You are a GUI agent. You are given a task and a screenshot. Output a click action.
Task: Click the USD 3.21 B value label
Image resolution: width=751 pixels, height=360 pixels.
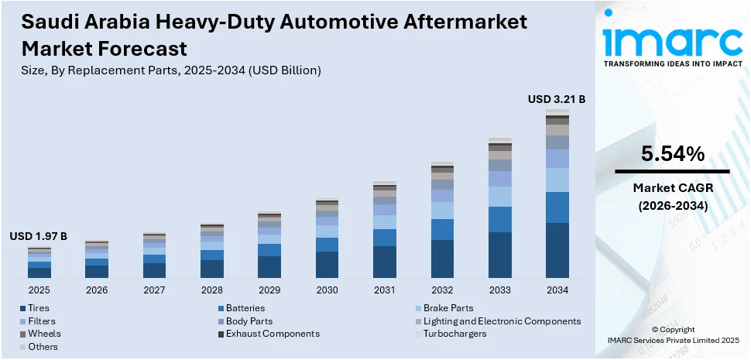(x=557, y=99)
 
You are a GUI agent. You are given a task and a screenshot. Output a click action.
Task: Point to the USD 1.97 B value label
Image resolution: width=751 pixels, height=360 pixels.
(x=39, y=236)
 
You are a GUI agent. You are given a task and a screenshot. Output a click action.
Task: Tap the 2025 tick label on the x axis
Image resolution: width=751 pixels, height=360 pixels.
(x=39, y=290)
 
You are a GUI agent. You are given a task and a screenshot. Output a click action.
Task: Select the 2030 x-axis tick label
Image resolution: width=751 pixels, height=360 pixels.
(x=327, y=290)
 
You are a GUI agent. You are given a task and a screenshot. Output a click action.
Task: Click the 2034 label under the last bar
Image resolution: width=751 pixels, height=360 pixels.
(x=557, y=290)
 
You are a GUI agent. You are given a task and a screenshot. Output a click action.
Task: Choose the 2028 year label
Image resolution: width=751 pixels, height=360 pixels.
(x=212, y=290)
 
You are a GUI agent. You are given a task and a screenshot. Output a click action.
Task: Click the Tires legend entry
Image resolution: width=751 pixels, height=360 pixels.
(x=39, y=308)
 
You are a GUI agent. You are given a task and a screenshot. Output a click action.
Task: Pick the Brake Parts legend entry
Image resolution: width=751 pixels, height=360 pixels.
(x=448, y=308)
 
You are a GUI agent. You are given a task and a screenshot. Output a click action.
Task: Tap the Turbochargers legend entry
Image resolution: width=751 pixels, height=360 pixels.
(x=454, y=334)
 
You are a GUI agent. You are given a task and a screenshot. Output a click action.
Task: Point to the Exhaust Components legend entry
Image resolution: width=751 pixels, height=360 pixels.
(x=272, y=334)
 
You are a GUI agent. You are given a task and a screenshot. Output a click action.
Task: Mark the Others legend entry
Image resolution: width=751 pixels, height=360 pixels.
(x=43, y=346)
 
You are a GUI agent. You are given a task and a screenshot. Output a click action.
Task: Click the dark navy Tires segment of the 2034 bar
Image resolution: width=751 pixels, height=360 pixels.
(x=557, y=250)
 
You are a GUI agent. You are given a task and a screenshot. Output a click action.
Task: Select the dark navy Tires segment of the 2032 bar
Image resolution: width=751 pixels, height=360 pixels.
(x=442, y=259)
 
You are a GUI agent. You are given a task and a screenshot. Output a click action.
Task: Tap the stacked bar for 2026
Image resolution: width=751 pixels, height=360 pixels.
(x=97, y=259)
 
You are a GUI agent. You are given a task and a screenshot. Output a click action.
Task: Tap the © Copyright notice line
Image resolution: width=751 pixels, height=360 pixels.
(x=672, y=329)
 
